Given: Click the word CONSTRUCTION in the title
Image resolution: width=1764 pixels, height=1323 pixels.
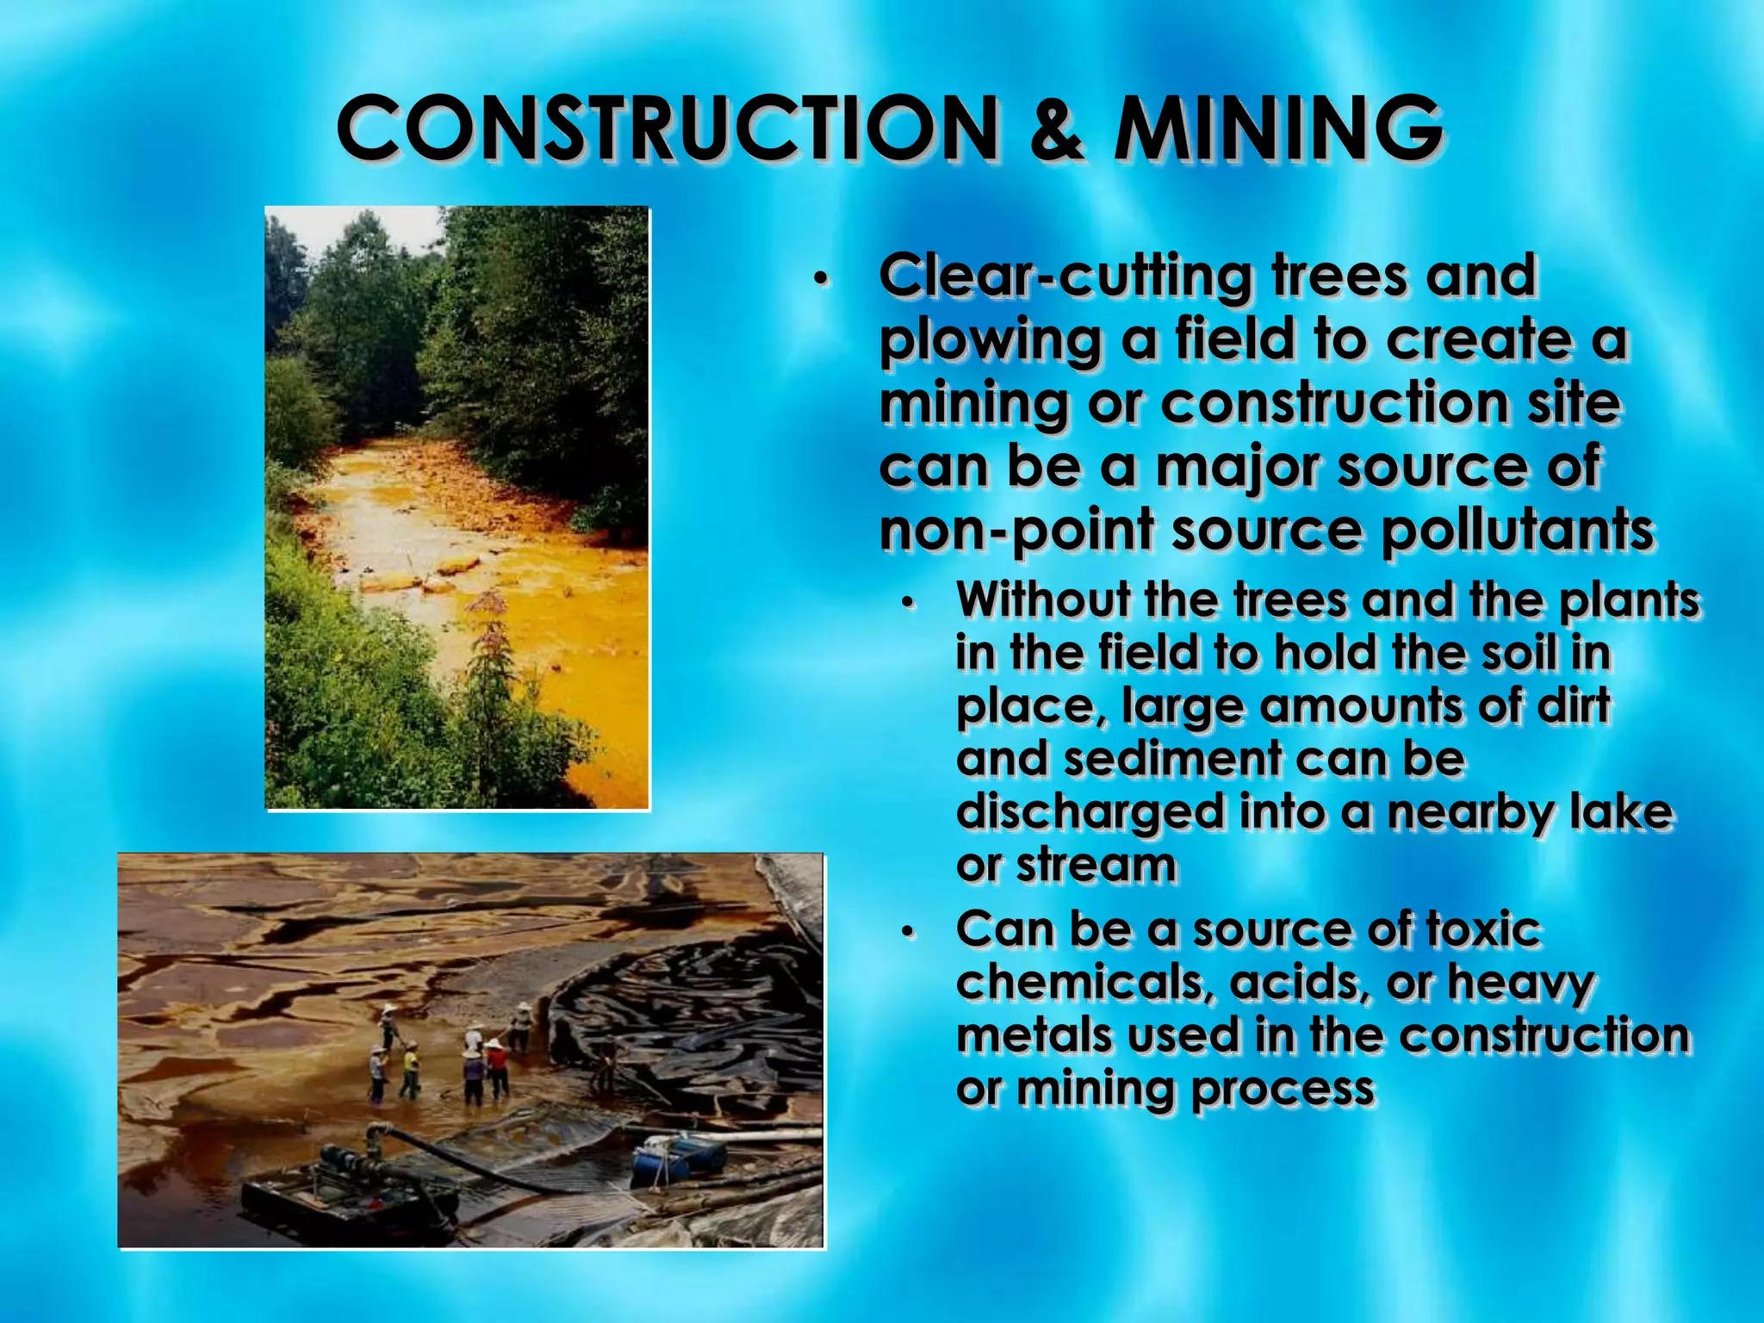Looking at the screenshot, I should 668,129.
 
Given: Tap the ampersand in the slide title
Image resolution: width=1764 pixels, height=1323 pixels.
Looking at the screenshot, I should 1056,129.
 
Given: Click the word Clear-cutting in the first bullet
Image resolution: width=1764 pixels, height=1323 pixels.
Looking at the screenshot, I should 1065,277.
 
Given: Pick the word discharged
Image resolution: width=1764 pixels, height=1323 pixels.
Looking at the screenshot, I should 1090,813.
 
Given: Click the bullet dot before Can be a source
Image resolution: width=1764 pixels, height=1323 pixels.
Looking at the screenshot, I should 906,933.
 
